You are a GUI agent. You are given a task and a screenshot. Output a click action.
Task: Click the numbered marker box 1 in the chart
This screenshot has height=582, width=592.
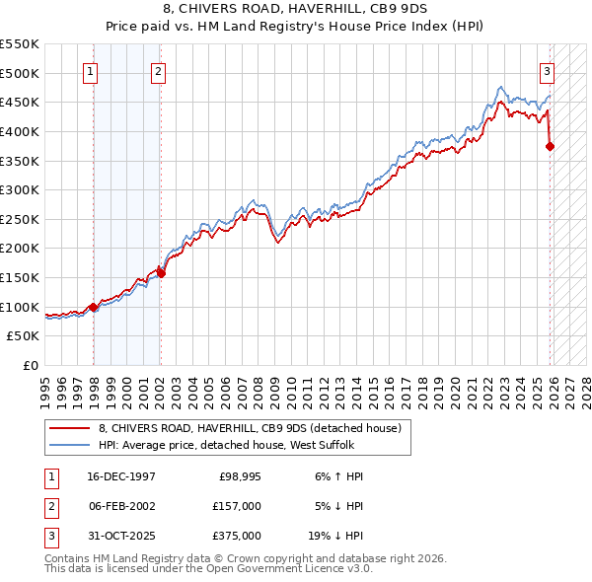[91, 70]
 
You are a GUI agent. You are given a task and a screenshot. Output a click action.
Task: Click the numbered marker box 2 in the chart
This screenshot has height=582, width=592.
[158, 70]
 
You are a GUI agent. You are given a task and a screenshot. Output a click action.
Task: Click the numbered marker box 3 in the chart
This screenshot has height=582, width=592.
[547, 70]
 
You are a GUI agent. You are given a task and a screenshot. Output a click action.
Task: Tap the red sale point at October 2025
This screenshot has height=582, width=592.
[550, 147]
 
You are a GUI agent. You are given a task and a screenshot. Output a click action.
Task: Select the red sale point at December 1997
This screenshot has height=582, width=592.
[94, 307]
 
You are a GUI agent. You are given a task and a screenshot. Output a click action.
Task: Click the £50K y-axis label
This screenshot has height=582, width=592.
[25, 335]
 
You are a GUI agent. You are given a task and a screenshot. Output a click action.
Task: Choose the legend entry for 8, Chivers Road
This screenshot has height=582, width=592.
[250, 429]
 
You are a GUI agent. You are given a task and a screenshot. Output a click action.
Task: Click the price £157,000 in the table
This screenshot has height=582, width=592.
[237, 506]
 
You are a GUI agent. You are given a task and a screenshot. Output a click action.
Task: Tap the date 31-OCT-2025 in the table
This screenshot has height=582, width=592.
[118, 536]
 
